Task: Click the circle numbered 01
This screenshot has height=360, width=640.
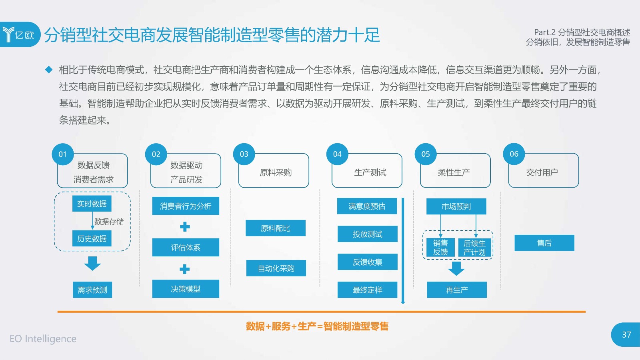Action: click(63, 154)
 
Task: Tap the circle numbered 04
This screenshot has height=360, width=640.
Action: click(337, 154)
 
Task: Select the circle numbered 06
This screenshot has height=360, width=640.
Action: click(514, 154)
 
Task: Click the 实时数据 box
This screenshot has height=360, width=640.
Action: click(92, 204)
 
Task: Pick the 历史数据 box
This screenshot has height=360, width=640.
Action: click(92, 238)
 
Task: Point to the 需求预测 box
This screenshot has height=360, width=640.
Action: click(92, 290)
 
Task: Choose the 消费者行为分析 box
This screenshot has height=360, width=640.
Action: click(186, 206)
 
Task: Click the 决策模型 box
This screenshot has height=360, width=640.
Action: click(186, 289)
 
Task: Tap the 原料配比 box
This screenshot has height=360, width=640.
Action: click(276, 228)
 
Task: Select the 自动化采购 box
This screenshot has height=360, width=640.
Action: click(276, 268)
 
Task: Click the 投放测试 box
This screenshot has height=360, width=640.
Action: click(368, 234)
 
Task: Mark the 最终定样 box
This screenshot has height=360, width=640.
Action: click(368, 290)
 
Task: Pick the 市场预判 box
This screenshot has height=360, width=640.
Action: click(456, 206)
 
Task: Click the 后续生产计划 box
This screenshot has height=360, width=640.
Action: click(474, 248)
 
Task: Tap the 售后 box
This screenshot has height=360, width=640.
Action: click(544, 243)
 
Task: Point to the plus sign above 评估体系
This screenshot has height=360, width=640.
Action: click(185, 227)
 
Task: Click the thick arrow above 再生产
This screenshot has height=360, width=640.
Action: click(456, 268)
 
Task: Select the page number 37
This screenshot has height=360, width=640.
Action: click(626, 334)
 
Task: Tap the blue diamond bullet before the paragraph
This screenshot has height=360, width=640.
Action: click(49, 70)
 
